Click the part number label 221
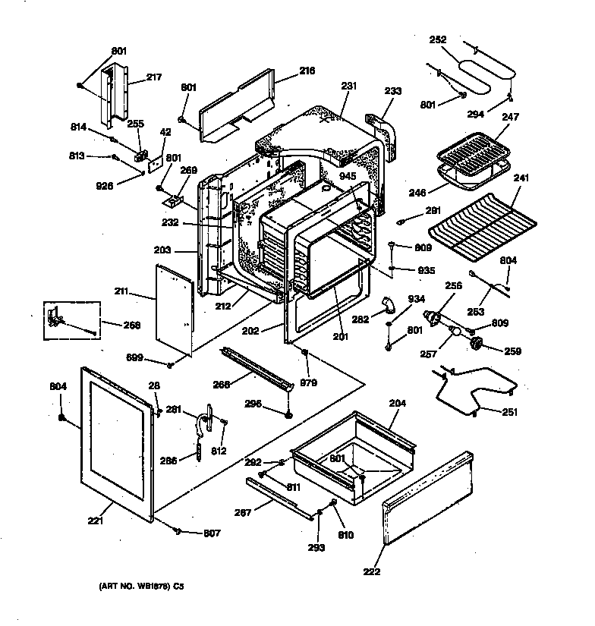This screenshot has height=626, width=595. click(x=95, y=521)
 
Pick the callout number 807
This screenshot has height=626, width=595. click(x=212, y=533)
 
